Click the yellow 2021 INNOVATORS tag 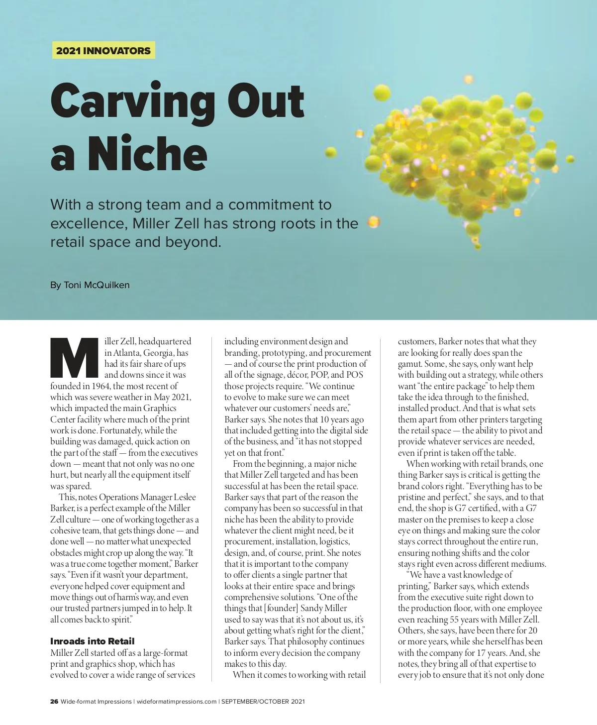103,51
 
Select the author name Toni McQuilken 97,285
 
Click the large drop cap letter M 74,357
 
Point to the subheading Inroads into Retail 92,641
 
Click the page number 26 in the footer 54,702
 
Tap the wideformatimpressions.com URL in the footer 177,702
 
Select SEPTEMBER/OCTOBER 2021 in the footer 263,702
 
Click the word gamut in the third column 409,364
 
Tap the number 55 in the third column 455,620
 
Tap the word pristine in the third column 414,497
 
